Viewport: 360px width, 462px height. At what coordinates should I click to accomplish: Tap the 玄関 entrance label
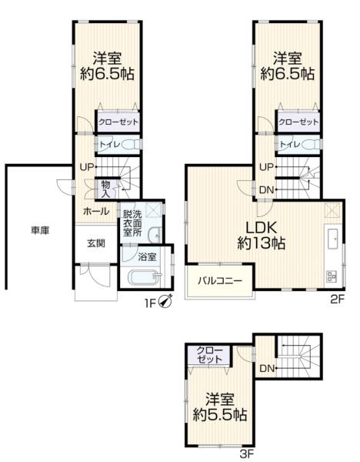click(95, 243)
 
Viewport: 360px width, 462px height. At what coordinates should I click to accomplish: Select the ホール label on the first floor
click(95, 210)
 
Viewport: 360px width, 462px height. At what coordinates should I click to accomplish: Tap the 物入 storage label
click(105, 187)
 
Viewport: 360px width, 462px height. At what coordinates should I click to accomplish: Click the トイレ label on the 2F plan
click(289, 144)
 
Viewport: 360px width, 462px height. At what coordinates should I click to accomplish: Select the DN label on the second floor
click(266, 190)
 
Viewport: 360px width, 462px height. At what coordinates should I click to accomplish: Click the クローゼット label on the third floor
click(210, 355)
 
